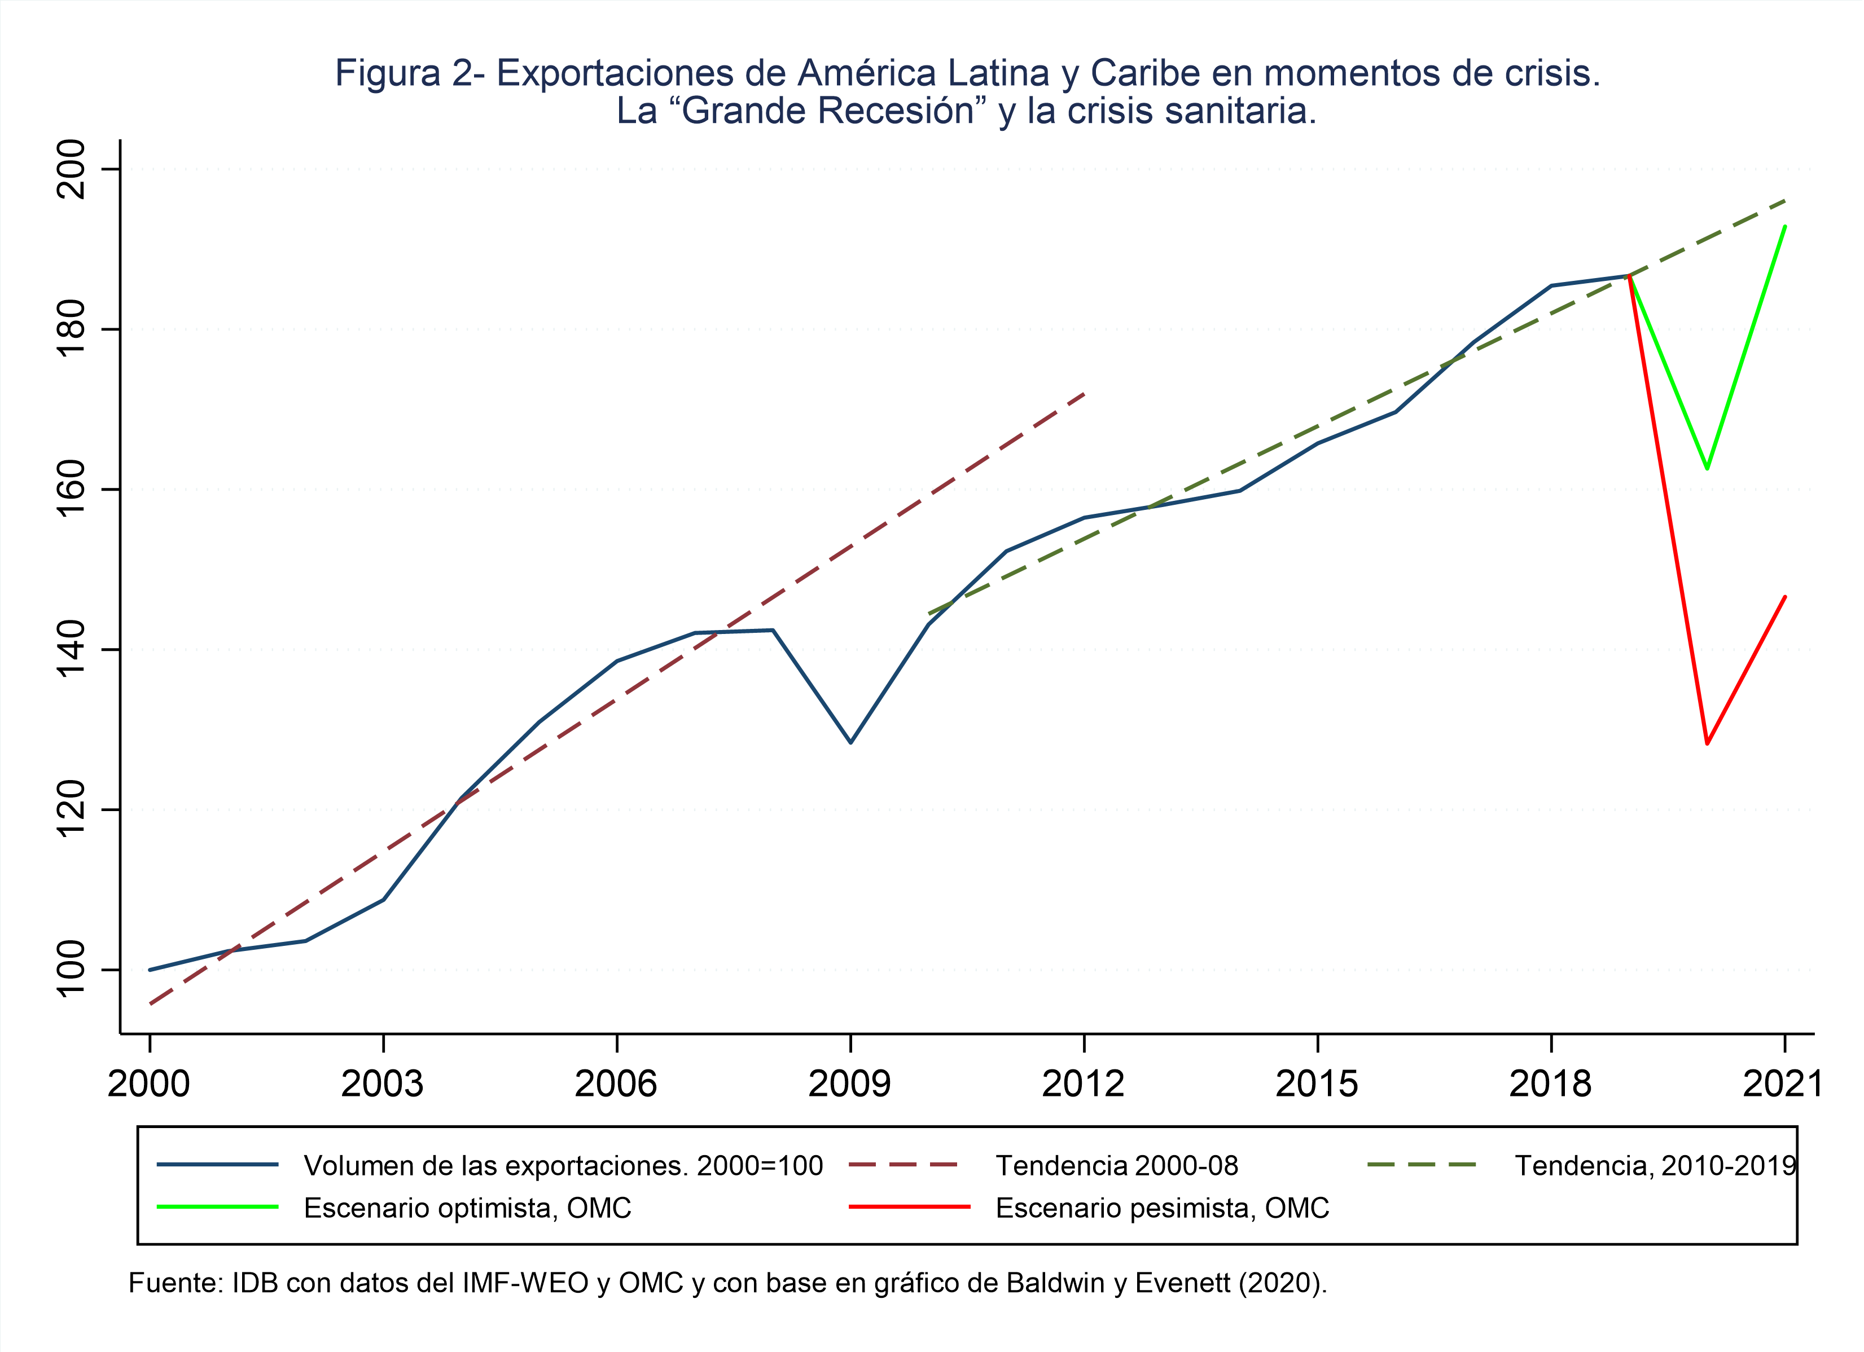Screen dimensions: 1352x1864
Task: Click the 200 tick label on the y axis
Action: [x=71, y=169]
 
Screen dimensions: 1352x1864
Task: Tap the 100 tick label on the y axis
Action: [x=71, y=969]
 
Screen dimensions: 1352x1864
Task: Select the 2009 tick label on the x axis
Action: [x=850, y=1084]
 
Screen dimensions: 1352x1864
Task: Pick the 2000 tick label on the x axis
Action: [x=149, y=1084]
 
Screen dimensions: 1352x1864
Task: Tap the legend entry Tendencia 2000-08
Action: [x=1116, y=1165]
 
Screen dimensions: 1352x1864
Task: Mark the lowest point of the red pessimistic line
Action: [x=1707, y=743]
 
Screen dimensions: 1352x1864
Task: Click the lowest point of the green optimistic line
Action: [x=1707, y=468]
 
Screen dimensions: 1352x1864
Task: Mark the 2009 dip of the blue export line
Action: [x=850, y=742]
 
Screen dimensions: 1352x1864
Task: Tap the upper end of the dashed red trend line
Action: [x=1085, y=394]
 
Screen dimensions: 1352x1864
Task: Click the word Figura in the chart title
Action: [x=388, y=74]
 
